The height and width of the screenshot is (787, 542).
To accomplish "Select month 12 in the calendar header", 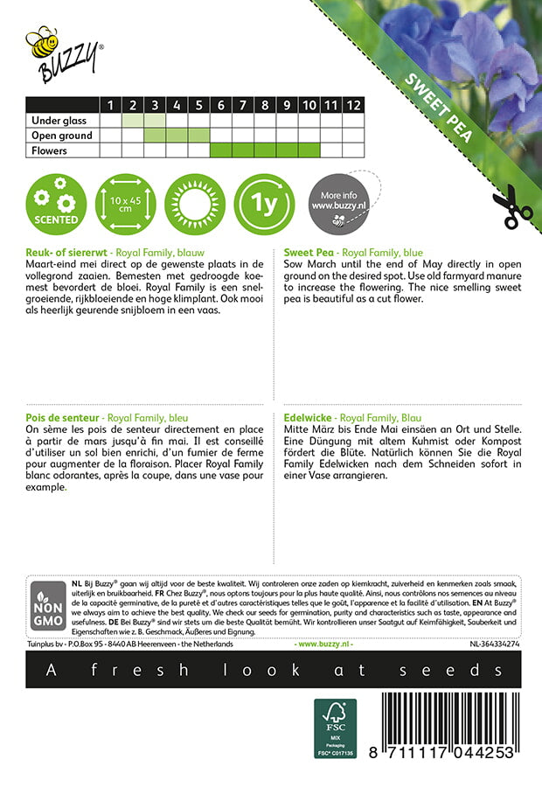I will [352, 106].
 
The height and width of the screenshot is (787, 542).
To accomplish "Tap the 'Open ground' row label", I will [61, 136].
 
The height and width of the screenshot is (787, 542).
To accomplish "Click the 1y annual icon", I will [263, 203].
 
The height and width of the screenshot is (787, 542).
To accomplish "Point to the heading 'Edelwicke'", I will [309, 419].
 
